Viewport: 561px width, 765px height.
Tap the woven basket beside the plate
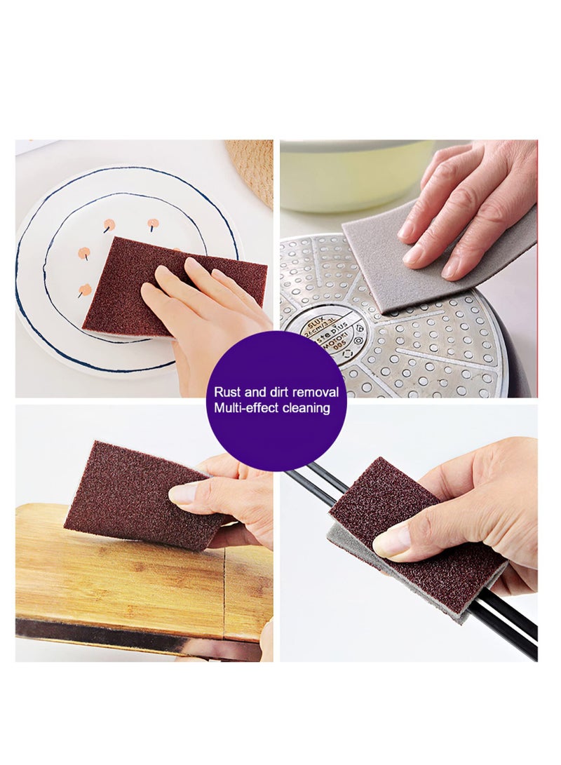pyautogui.click(x=254, y=168)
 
